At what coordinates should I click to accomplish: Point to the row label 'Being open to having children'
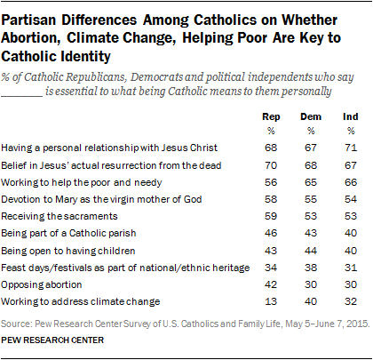pyautogui.click(x=75, y=248)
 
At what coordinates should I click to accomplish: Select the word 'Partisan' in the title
pyautogui.click(x=36, y=16)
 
